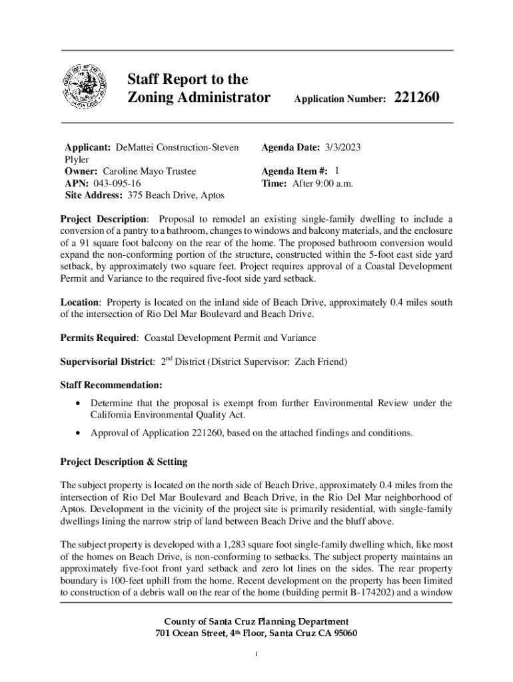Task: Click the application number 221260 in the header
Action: pos(417,98)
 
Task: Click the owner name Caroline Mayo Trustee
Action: pos(149,171)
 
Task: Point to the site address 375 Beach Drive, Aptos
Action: pos(172,195)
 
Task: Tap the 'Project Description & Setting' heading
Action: pos(124,462)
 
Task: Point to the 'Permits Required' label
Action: pos(98,338)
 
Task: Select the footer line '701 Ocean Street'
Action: pos(256,633)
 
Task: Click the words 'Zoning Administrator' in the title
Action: pos(199,98)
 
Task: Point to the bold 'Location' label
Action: pos(79,302)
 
